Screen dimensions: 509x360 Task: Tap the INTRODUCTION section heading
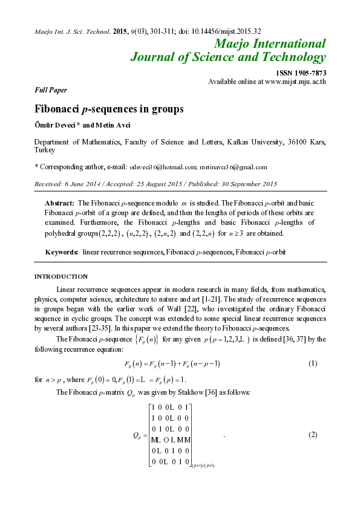click(x=61, y=276)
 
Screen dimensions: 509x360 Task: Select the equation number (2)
click(x=313, y=435)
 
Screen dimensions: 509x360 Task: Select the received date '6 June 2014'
click(x=82, y=183)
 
